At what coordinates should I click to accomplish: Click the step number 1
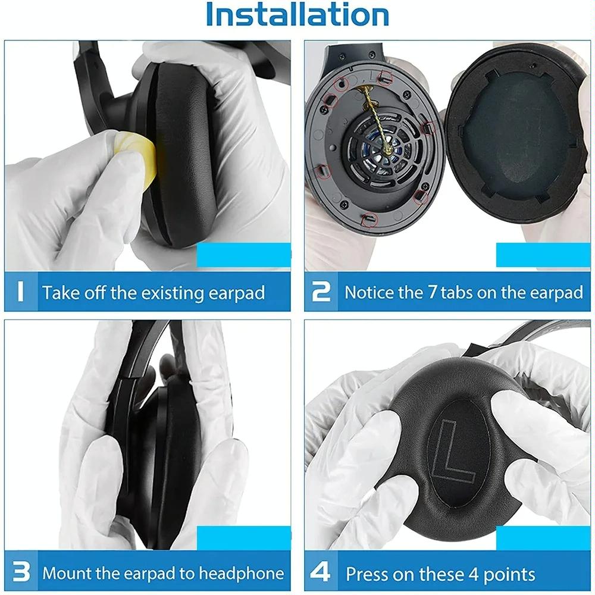pos(20,292)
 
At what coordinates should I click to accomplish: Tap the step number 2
pos(321,292)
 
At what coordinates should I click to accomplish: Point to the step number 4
pos(321,573)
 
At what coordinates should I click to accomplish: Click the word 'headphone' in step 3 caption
pos(241,574)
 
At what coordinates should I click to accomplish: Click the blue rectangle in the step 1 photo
pos(243,255)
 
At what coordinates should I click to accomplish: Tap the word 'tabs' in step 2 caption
pos(465,292)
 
